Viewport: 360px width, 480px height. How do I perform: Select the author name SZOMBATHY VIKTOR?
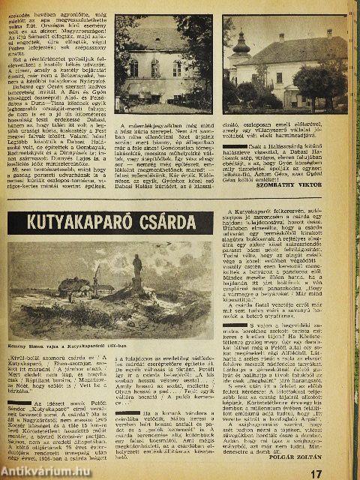[315, 201]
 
